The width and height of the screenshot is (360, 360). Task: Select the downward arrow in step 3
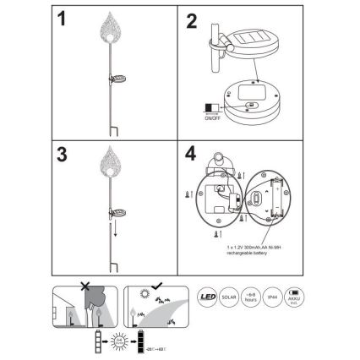coord(115,230)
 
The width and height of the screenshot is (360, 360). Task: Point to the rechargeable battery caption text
coord(254,249)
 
